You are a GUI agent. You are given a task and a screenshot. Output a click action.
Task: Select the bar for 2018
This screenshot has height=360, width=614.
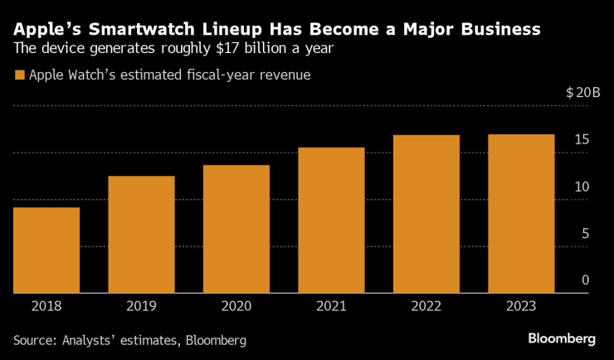[46, 250]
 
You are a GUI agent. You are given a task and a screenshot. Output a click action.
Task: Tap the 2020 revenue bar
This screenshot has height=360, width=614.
[236, 229]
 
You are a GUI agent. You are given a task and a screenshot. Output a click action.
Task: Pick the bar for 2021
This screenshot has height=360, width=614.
[331, 220]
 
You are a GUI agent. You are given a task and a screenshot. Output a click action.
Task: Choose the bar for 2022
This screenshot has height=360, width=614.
[426, 213]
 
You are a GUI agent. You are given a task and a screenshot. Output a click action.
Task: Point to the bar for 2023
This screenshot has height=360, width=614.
[520, 213]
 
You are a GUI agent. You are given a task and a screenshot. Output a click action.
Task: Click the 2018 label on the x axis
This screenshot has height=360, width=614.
[46, 306]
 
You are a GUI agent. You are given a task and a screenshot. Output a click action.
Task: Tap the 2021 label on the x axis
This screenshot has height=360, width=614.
[331, 306]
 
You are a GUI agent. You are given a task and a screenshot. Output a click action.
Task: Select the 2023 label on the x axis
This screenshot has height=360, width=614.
[520, 306]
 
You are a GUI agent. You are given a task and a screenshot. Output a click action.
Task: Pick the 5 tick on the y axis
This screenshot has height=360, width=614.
[585, 234]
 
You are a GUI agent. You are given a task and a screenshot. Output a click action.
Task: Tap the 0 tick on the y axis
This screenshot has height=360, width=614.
[585, 280]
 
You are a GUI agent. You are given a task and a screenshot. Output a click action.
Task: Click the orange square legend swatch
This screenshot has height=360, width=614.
[19, 75]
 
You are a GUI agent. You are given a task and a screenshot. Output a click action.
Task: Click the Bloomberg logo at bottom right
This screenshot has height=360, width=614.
[563, 338]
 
